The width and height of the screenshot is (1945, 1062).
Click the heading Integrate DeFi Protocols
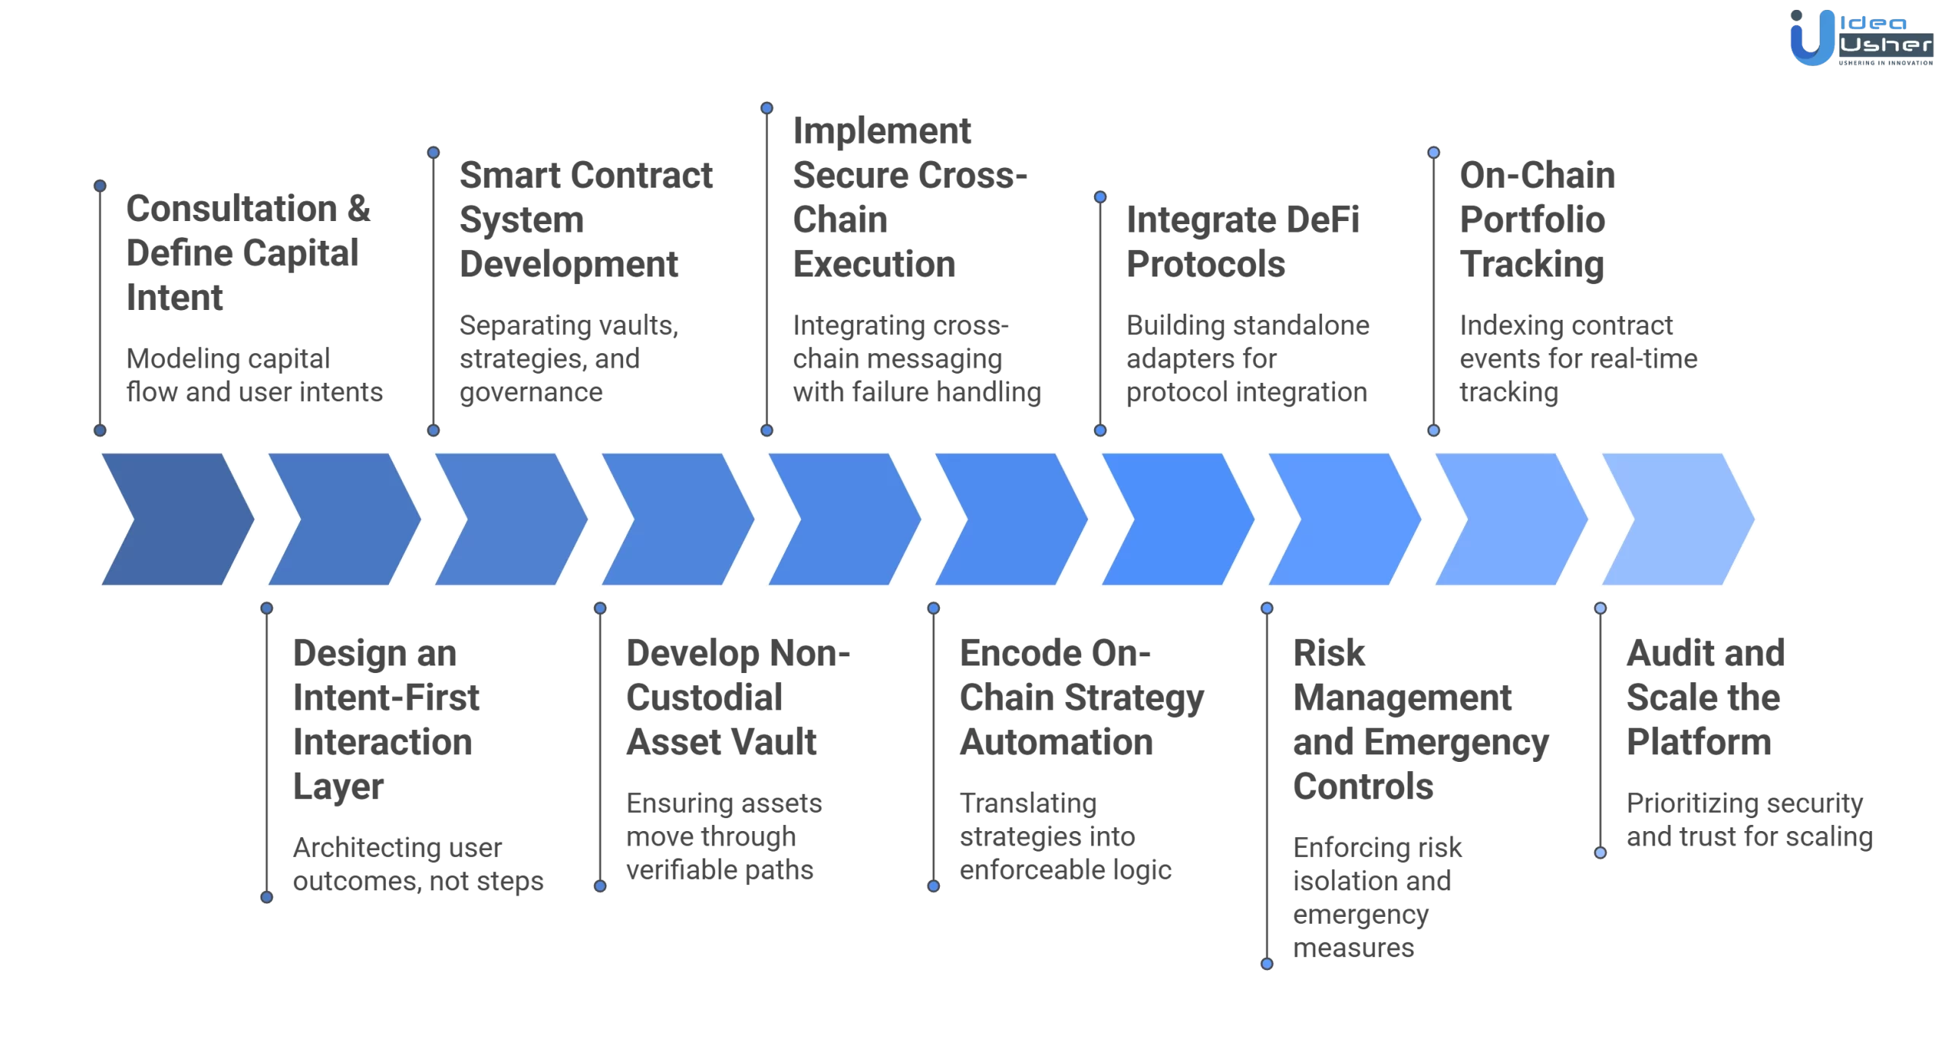click(1241, 242)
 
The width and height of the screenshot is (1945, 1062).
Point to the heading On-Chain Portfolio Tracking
click(1536, 220)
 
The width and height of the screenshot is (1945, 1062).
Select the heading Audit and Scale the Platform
click(1704, 697)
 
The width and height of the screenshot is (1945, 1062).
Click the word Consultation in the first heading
click(231, 208)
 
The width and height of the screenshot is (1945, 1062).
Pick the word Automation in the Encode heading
click(1055, 741)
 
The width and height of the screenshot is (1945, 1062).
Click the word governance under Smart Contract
click(530, 392)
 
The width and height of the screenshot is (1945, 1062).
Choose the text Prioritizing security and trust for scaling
click(1748, 820)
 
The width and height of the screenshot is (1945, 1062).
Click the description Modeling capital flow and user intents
click(254, 375)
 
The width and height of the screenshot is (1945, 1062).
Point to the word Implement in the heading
click(881, 131)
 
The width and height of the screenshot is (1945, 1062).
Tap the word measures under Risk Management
click(1353, 947)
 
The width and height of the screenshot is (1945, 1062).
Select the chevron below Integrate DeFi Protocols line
click(1177, 519)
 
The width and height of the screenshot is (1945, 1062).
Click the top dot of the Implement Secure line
click(767, 109)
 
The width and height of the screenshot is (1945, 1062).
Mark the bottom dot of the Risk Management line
click(1267, 963)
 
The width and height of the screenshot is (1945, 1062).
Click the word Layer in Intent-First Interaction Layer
click(338, 787)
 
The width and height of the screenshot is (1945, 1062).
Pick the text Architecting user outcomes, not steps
click(417, 864)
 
